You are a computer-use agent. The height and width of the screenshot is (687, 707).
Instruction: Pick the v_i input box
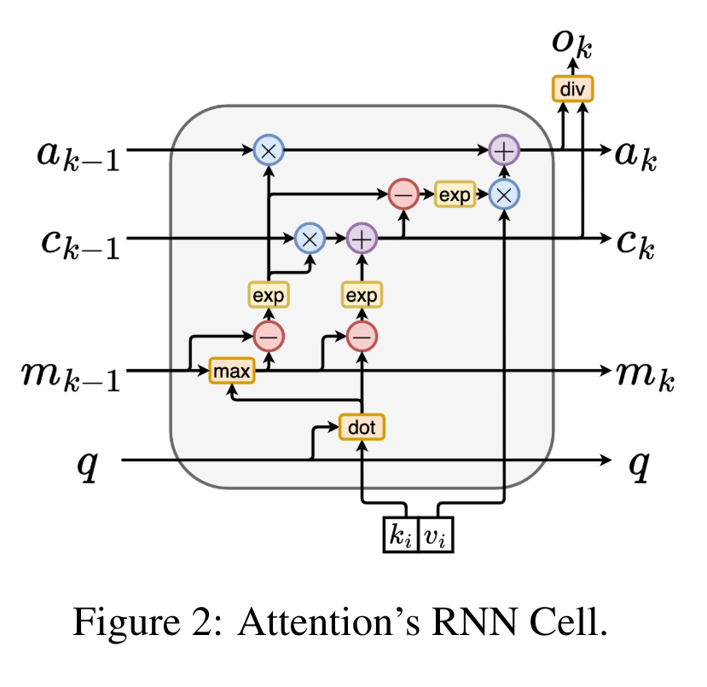pos(436,536)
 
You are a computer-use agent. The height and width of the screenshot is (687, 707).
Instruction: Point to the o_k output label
pos(571,43)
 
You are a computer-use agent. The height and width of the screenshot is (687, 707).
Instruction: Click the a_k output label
pos(635,153)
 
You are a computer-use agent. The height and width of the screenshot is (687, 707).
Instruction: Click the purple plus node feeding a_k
pos(503,151)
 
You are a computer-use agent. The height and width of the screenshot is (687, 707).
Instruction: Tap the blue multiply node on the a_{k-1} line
pos(269,151)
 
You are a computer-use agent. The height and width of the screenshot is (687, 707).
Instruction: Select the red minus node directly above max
pos(269,338)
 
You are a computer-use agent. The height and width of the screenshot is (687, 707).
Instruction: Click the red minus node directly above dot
pos(362,338)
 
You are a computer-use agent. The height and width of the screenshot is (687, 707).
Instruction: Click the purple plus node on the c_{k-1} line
pos(362,239)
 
